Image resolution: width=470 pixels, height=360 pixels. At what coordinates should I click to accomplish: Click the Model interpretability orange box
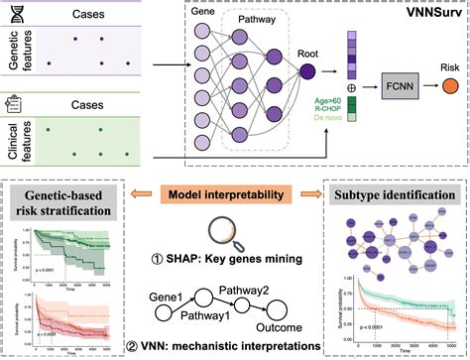[x=234, y=166]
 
